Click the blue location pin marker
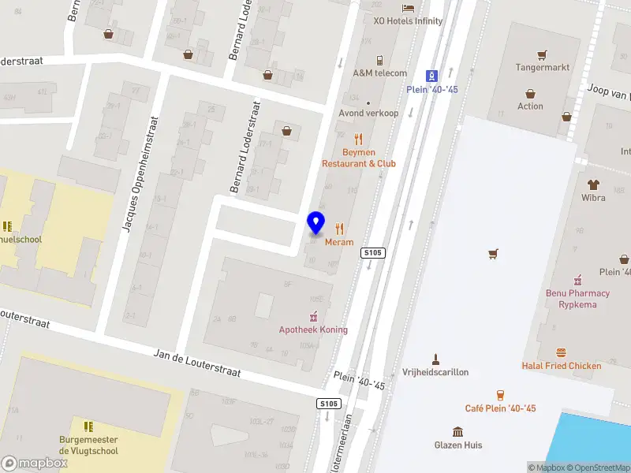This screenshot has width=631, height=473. pyautogui.click(x=316, y=222)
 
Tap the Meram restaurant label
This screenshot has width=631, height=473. pyautogui.click(x=339, y=242)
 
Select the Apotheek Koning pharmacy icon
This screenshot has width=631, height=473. pyautogui.click(x=313, y=316)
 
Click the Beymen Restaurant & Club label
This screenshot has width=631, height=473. pyautogui.click(x=359, y=158)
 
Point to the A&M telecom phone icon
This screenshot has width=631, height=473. pyautogui.click(x=379, y=60)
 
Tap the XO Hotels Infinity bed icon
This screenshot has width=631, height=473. pyautogui.click(x=408, y=8)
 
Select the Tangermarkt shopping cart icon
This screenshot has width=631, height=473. pyautogui.click(x=542, y=54)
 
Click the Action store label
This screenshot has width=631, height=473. pyautogui.click(x=530, y=106)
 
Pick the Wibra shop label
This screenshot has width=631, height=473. pyautogui.click(x=593, y=197)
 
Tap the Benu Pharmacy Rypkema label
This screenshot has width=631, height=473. pyautogui.click(x=578, y=299)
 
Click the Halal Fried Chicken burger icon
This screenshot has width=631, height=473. pyautogui.click(x=561, y=352)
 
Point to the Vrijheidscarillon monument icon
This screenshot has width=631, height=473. pyautogui.click(x=435, y=359)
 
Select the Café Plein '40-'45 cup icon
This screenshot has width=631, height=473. pyautogui.click(x=500, y=394)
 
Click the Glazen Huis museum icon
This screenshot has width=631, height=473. pyautogui.click(x=457, y=431)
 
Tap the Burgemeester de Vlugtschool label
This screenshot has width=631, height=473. pyautogui.click(x=88, y=445)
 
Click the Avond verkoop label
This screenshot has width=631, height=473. pyautogui.click(x=368, y=113)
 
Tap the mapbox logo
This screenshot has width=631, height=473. pyautogui.click(x=35, y=463)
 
